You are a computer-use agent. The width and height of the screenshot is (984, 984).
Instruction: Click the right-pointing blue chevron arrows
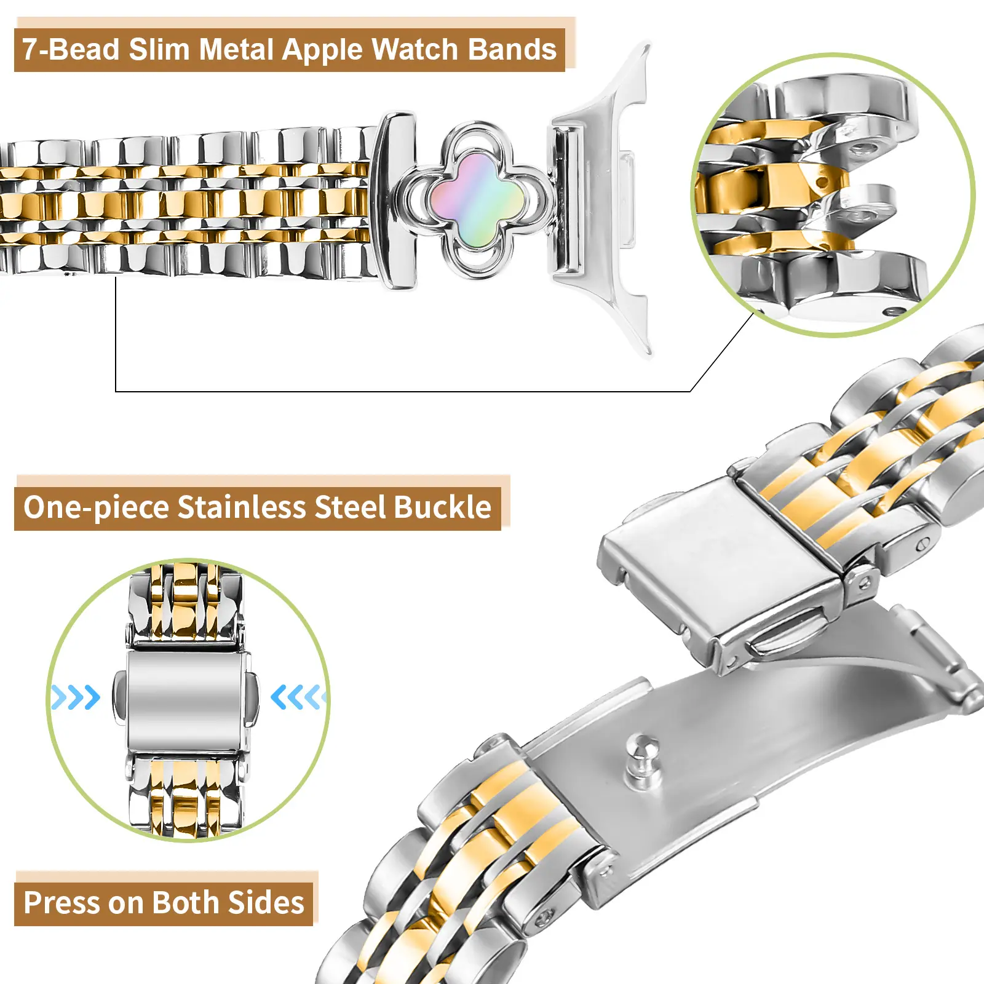pos(75,697)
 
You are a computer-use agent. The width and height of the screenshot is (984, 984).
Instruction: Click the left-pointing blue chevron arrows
pos(298,697)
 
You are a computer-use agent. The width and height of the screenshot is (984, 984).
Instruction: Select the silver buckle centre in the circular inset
pos(185,700)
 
